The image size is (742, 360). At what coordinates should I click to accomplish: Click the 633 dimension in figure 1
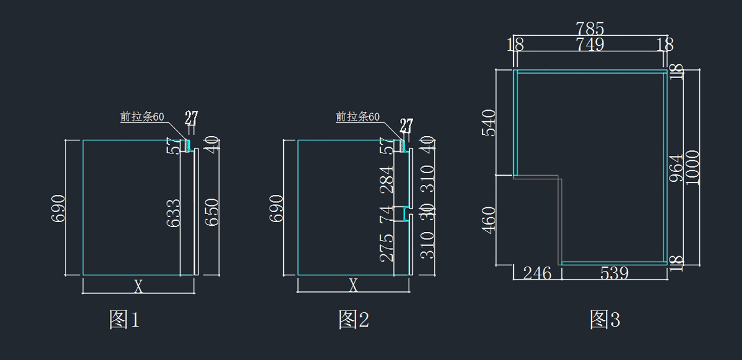[174, 213]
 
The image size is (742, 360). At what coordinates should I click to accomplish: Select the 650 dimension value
[212, 212]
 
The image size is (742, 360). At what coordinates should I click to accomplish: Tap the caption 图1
[124, 320]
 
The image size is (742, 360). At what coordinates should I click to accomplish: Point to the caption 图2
[354, 320]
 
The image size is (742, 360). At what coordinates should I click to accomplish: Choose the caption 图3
[605, 320]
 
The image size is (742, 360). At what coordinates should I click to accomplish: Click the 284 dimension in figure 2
[387, 179]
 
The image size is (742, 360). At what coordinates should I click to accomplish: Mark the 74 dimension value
[387, 215]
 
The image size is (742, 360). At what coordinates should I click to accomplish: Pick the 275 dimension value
[387, 247]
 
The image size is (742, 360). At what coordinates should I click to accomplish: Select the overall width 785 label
[590, 28]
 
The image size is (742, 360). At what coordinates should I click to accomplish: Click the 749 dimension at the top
[590, 45]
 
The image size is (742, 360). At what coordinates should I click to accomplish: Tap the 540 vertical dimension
[488, 123]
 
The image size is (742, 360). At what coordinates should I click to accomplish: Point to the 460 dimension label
[488, 221]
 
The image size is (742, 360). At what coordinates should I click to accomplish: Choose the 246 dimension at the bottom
[537, 273]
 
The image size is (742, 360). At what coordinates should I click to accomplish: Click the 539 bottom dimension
[614, 273]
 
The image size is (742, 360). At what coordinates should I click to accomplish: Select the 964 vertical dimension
[676, 167]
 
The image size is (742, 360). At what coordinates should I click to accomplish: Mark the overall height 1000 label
[693, 167]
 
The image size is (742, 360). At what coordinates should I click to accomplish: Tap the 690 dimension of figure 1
[58, 209]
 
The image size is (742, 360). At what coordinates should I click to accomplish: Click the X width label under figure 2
[354, 286]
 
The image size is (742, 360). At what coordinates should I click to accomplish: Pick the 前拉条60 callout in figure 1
[142, 117]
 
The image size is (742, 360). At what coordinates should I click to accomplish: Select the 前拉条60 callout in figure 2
[357, 117]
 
